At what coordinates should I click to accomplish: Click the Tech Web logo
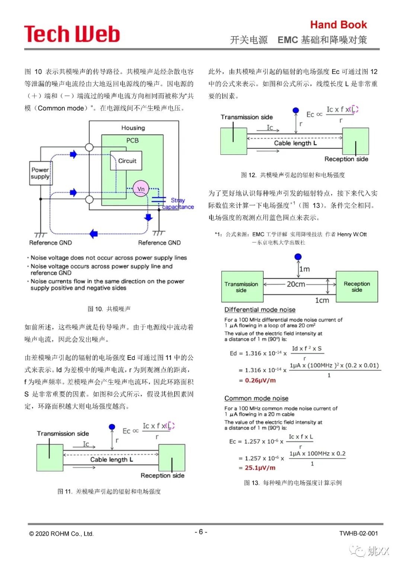(x=72, y=34)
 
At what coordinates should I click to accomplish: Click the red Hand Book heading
(x=338, y=25)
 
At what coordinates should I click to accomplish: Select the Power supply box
(x=41, y=173)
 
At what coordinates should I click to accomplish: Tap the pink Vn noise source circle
(x=141, y=189)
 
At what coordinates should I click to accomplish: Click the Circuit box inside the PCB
(x=127, y=161)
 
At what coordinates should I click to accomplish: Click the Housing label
(x=133, y=128)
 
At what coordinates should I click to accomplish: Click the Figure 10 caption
(x=109, y=309)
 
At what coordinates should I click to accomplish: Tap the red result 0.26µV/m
(x=260, y=380)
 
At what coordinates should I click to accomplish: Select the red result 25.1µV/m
(x=260, y=468)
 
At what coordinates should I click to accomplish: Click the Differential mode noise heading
(x=260, y=310)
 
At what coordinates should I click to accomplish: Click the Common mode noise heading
(x=256, y=398)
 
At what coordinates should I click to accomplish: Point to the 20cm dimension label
(x=296, y=284)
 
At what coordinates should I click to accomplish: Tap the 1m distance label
(x=304, y=269)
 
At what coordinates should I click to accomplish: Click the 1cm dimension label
(x=322, y=300)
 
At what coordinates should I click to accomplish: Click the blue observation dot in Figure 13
(x=298, y=257)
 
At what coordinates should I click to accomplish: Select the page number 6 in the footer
(x=201, y=532)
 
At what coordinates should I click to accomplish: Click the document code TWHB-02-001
(x=358, y=533)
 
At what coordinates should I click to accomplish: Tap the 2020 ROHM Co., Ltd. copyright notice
(x=61, y=534)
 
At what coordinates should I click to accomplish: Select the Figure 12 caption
(x=293, y=175)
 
